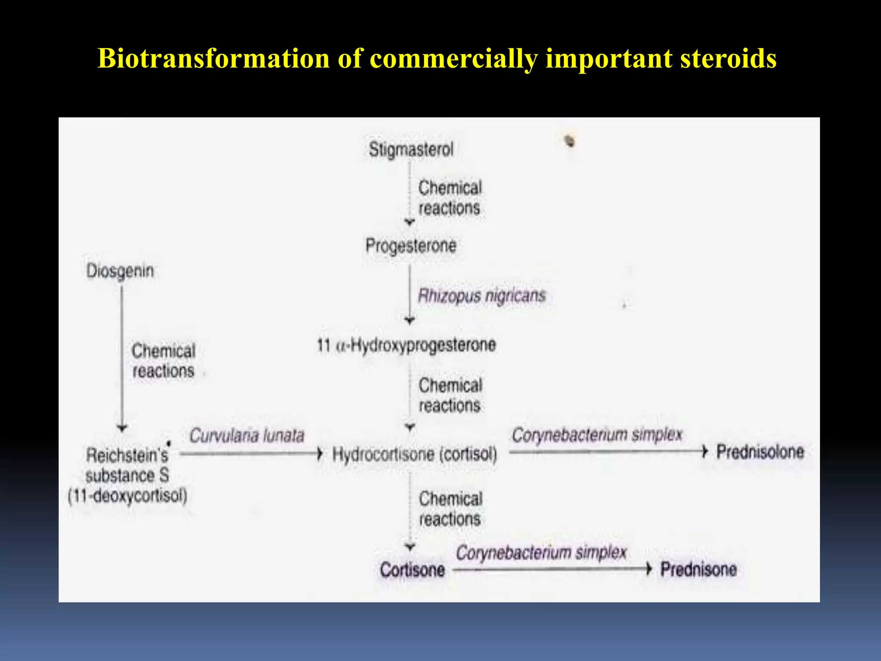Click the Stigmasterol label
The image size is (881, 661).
coord(411,149)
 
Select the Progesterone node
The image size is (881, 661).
coord(411,246)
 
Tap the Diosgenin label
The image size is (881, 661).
coord(120,271)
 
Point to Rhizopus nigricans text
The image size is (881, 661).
coord(482,296)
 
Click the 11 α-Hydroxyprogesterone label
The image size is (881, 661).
coord(407,345)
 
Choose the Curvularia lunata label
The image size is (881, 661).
coord(247,436)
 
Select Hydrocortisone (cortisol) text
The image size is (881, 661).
coord(415,454)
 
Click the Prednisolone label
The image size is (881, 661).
coord(760,452)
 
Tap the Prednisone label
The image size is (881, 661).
coord(699,569)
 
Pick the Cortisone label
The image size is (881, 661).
coord(412,570)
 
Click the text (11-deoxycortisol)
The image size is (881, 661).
coord(128,496)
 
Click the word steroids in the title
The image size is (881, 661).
coord(728,58)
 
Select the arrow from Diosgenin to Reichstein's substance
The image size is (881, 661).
coord(122,357)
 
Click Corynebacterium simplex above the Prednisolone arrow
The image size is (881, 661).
coord(597,435)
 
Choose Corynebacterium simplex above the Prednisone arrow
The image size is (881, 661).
coord(541,553)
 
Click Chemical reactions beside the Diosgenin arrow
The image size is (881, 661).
coord(163,361)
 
